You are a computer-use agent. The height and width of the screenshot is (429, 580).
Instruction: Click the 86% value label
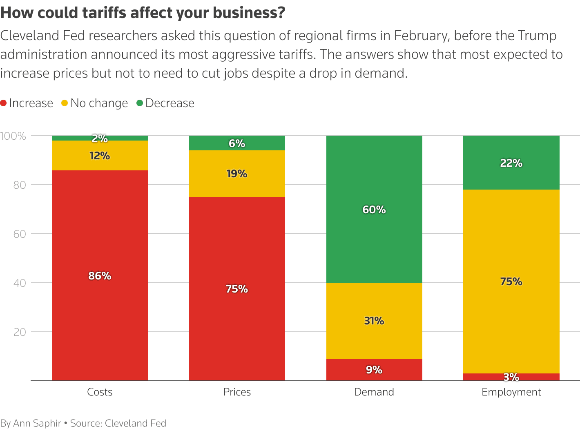point(100,276)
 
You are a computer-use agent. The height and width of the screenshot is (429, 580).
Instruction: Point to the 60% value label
point(374,210)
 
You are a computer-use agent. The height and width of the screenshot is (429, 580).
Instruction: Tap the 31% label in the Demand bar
point(374,321)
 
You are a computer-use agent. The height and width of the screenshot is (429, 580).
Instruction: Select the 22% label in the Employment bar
point(511,163)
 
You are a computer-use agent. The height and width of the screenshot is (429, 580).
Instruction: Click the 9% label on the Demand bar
point(374,370)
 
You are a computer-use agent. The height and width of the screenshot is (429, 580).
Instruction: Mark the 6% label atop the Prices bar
point(237,143)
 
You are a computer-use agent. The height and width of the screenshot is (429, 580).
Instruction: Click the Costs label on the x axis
point(100,392)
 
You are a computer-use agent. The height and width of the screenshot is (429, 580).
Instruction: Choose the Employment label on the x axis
point(511,392)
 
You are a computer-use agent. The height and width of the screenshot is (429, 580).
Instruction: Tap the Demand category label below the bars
point(374,392)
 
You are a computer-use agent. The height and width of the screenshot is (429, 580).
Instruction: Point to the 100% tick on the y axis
point(13,136)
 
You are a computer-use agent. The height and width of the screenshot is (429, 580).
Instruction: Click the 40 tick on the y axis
point(20,283)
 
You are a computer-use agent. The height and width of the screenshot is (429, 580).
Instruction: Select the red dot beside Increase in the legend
point(4,103)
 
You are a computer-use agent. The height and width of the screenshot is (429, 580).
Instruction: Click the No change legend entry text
point(99,103)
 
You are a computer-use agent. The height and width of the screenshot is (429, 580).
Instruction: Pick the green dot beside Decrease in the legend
point(140,103)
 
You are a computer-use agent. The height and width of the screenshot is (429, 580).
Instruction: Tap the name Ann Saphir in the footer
point(37,423)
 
